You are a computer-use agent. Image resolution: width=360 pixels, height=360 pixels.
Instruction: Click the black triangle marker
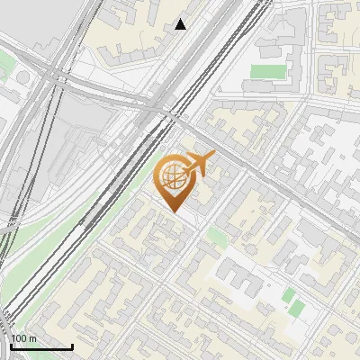(181, 24)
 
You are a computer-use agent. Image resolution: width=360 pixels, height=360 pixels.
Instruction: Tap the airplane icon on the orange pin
(199, 164)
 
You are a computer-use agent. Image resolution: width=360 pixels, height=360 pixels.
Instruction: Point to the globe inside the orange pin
(172, 177)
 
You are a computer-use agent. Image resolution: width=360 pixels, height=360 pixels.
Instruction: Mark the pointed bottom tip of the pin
(173, 211)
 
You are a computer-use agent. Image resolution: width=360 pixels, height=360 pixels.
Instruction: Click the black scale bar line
(41, 346)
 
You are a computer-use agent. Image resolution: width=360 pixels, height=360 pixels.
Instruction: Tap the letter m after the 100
(33, 338)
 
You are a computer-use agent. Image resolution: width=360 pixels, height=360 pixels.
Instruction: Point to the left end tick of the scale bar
(12, 344)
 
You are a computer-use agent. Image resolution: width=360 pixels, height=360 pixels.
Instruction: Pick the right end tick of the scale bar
(72, 344)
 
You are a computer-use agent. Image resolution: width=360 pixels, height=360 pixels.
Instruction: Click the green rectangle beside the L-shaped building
(265, 71)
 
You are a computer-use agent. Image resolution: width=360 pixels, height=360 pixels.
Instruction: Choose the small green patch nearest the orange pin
(216, 237)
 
